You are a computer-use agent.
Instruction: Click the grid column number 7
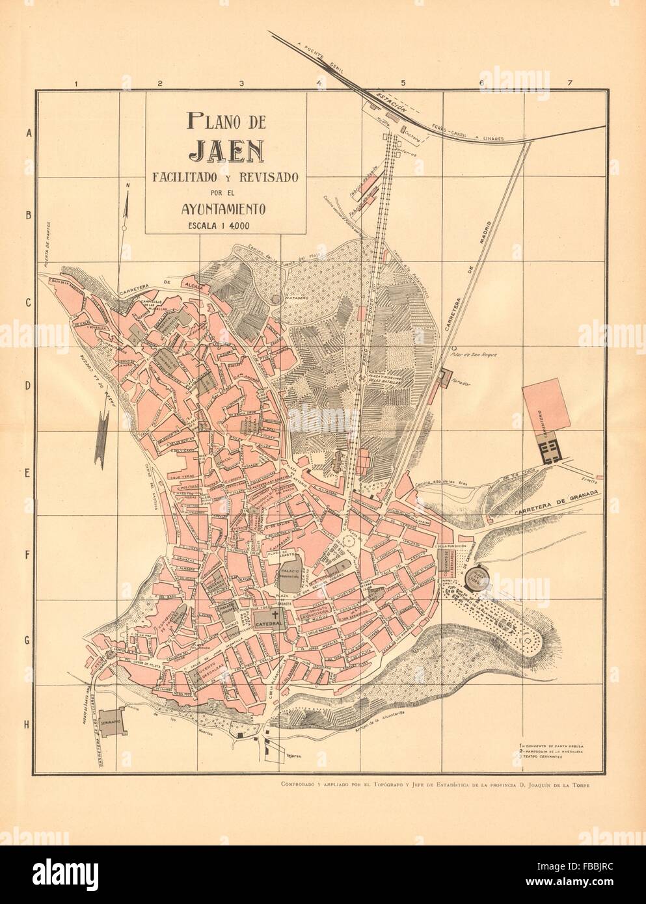pos(569,83)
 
